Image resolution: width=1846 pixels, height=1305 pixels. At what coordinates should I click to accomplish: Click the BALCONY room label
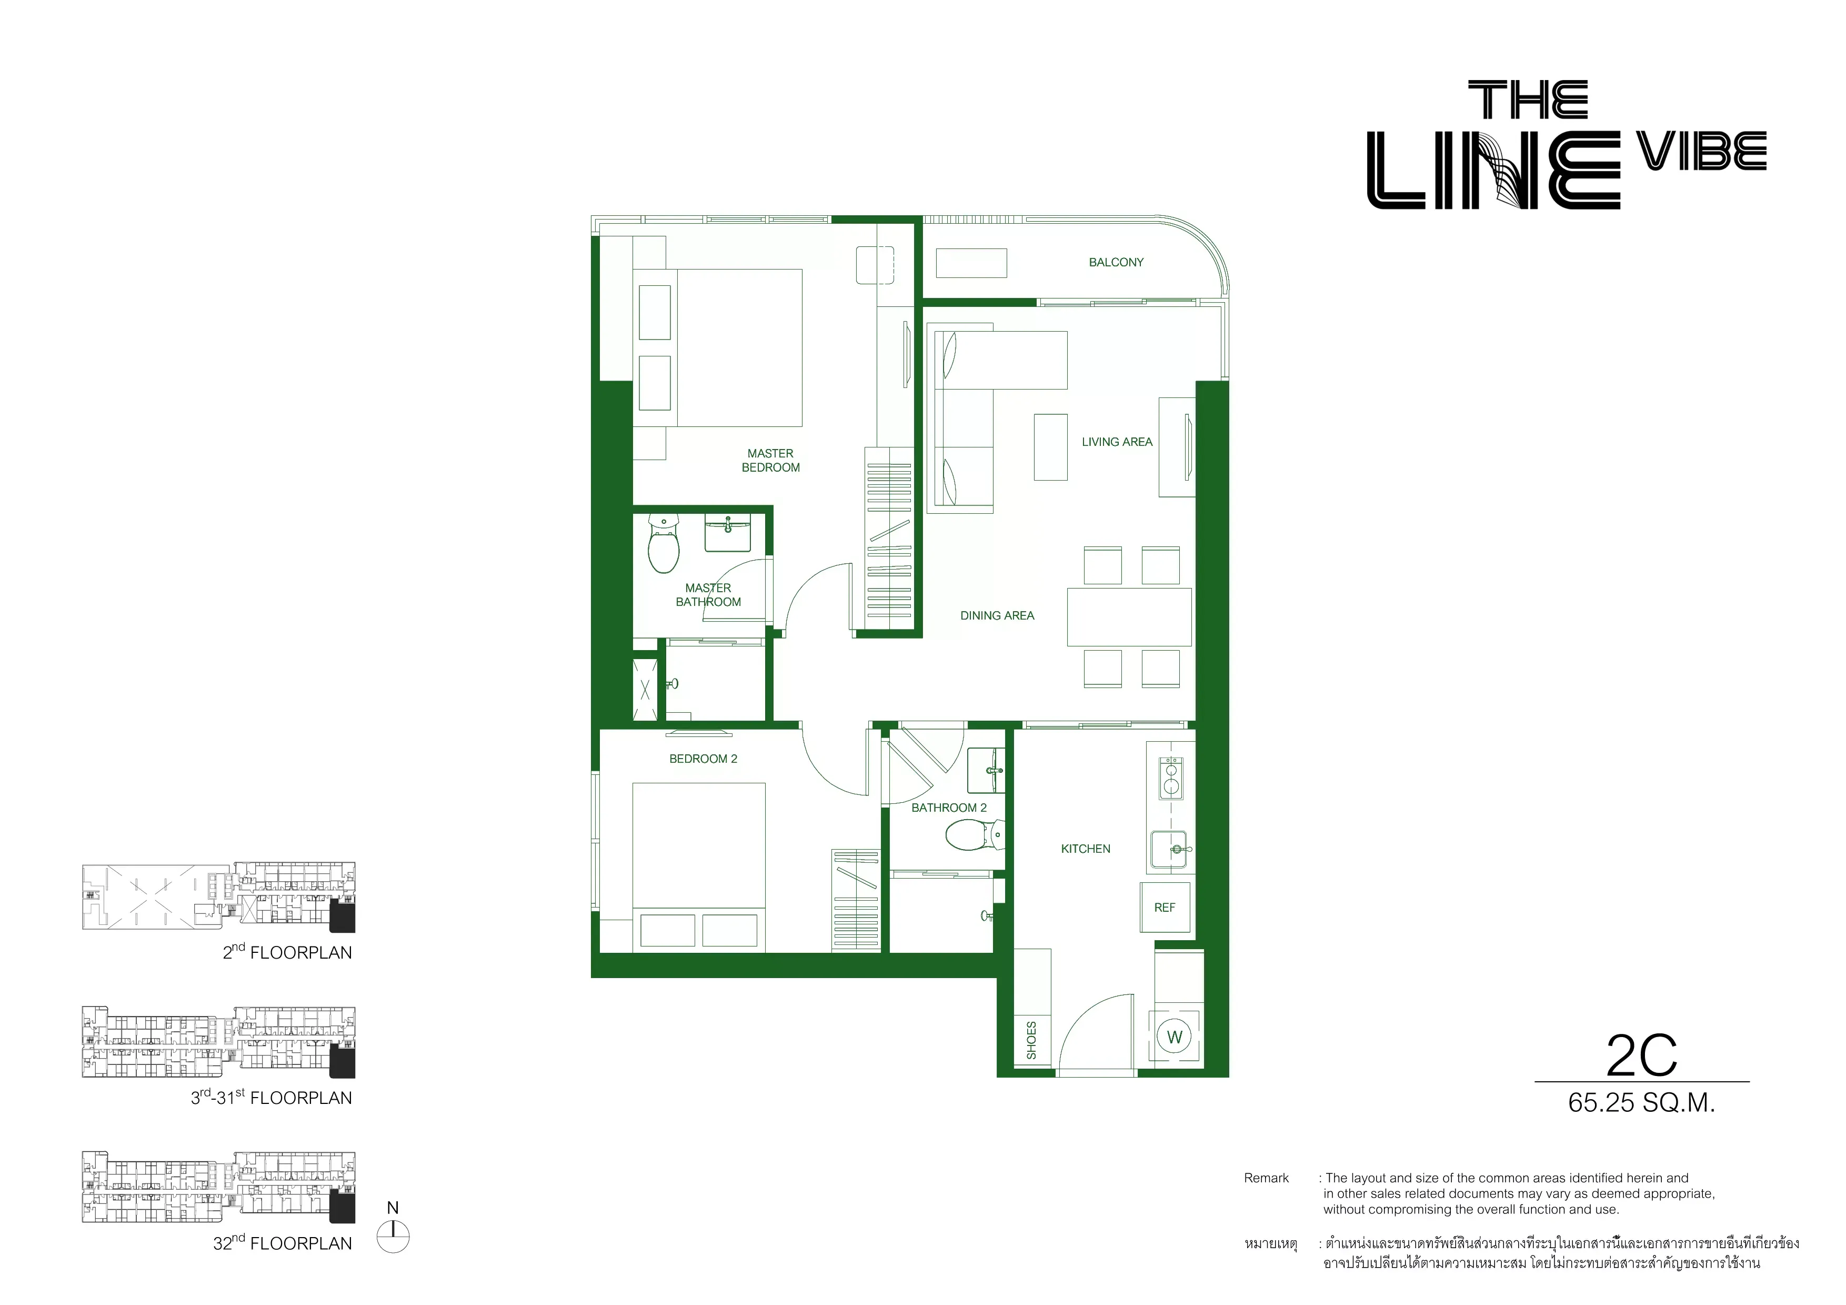1116,262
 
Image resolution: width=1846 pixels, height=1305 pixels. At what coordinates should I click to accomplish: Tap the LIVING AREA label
1117,442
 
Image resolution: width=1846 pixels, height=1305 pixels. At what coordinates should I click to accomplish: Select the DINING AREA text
997,615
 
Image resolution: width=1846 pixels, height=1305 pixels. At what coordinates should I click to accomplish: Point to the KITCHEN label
1086,848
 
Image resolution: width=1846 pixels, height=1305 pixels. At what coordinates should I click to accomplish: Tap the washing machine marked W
1175,1037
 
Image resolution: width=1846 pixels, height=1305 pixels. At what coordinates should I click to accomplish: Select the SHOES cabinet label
1031,1040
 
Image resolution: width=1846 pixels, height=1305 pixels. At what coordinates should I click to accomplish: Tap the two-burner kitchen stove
1171,779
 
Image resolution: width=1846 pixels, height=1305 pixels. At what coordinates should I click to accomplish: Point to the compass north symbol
393,1236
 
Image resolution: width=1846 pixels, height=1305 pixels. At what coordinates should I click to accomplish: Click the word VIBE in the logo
1702,151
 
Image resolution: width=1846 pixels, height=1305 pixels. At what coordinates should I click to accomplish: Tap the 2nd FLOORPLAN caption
287,951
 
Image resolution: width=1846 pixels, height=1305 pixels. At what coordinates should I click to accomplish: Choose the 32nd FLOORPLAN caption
282,1242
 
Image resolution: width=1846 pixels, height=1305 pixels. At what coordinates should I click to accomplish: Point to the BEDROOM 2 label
704,758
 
